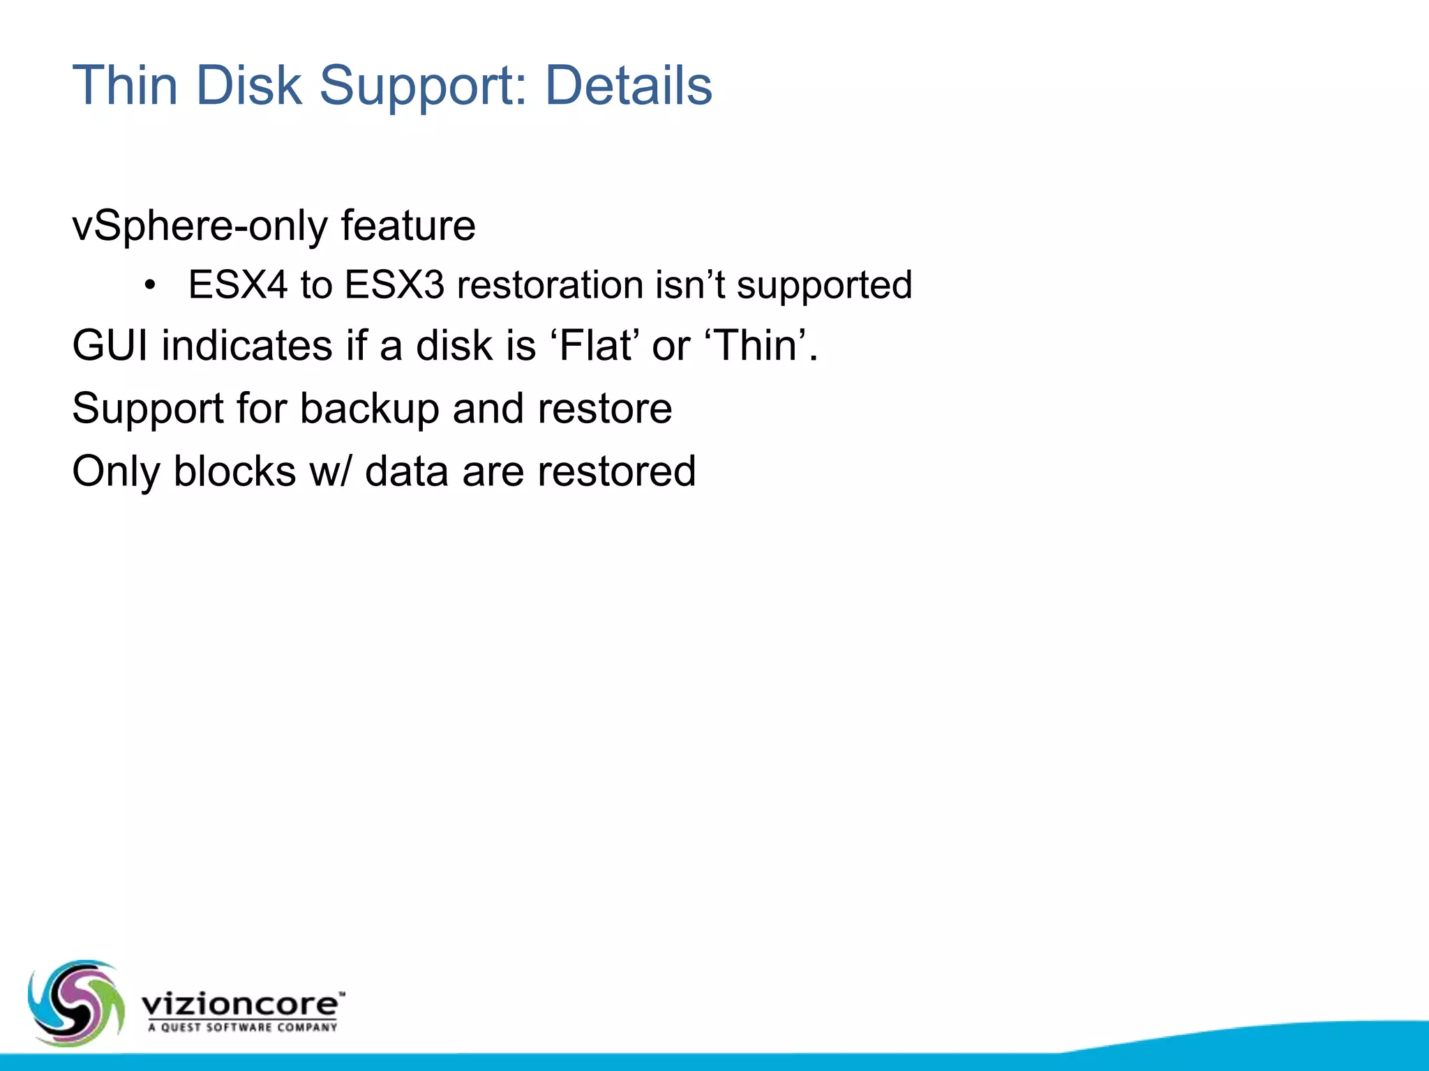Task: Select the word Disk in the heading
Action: (249, 86)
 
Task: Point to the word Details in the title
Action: (628, 86)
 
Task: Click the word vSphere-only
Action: (200, 227)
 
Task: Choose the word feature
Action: (408, 225)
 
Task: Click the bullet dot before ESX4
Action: (149, 286)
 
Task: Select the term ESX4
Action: (238, 285)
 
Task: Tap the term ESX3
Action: (394, 285)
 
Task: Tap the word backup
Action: (369, 409)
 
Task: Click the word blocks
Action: (234, 471)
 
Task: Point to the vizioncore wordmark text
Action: (241, 1004)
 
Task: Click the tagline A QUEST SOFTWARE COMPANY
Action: (243, 1027)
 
